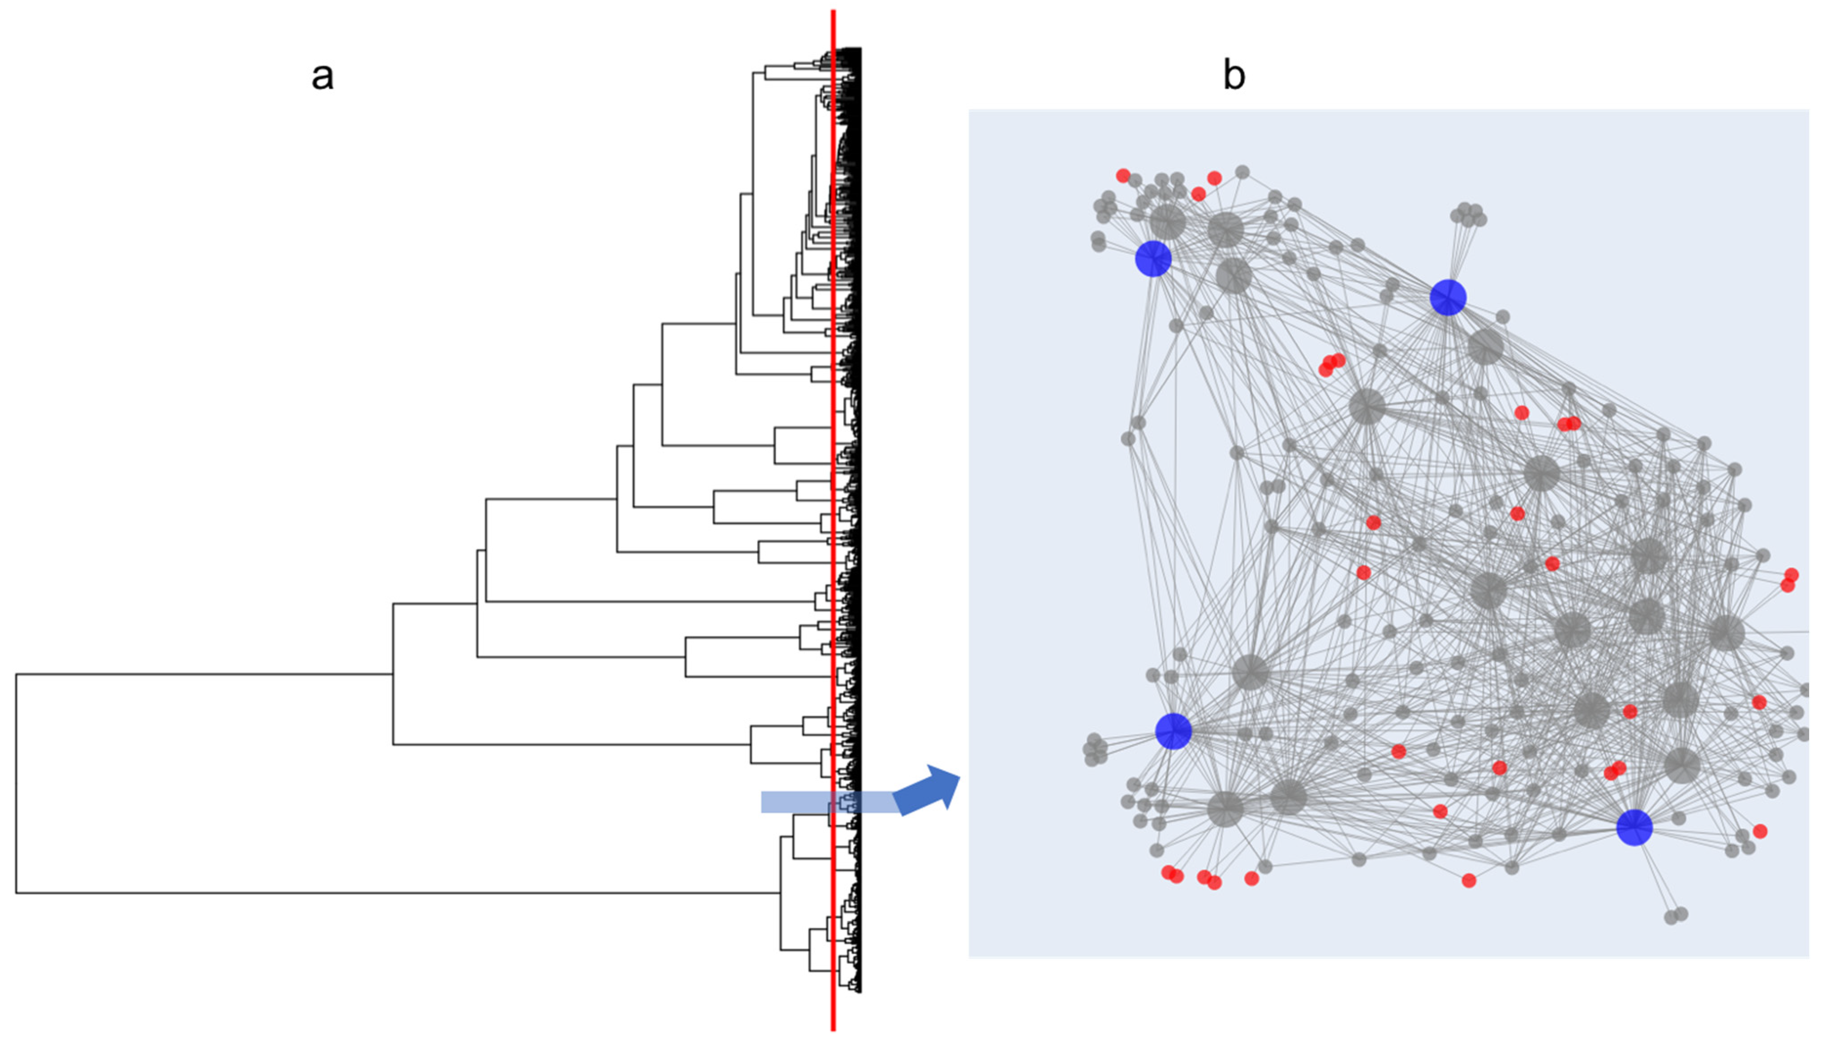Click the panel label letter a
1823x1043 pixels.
(322, 76)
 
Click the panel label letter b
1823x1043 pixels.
(1233, 76)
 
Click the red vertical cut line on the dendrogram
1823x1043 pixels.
(833, 502)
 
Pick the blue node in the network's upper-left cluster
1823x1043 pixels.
(1153, 259)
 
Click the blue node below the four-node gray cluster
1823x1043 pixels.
(1447, 297)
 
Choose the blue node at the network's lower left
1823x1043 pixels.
(1173, 731)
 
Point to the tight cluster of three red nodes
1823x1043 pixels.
(1331, 364)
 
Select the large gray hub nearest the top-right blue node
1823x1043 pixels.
(1485, 347)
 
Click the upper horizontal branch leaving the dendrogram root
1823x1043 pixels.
(204, 674)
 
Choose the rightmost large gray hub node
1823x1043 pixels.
(1727, 633)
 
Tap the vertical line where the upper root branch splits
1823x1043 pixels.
(393, 673)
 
